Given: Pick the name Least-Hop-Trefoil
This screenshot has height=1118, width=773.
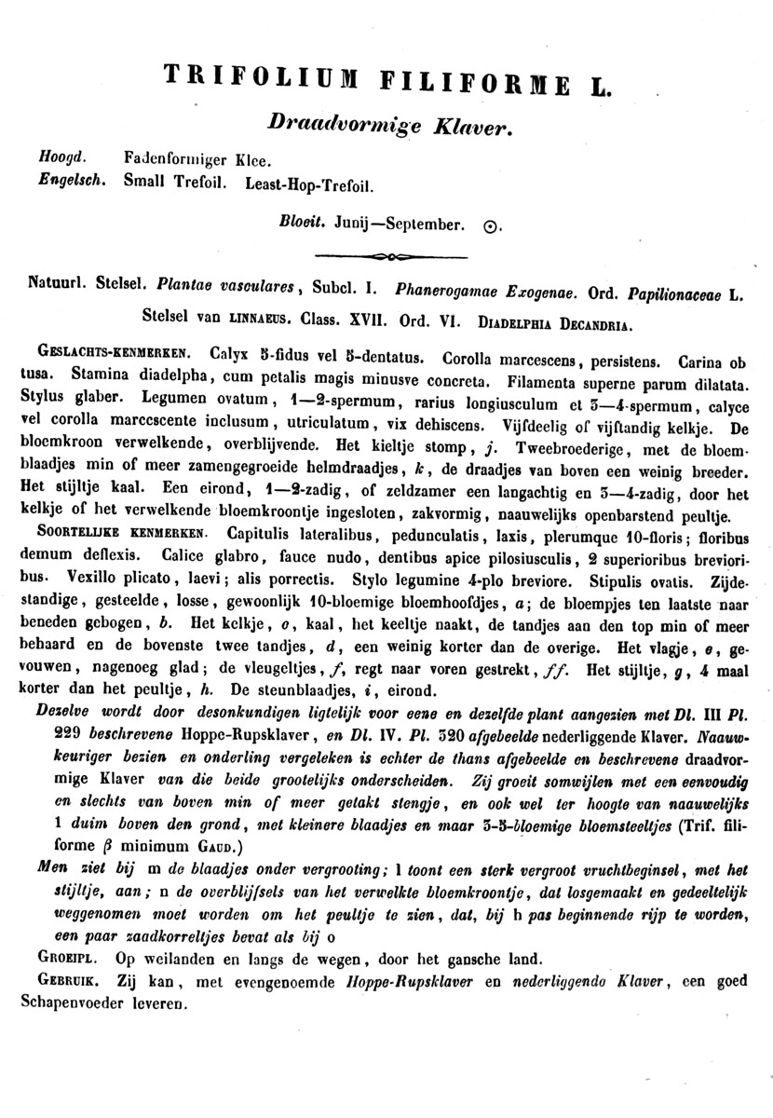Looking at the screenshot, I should [309, 184].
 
